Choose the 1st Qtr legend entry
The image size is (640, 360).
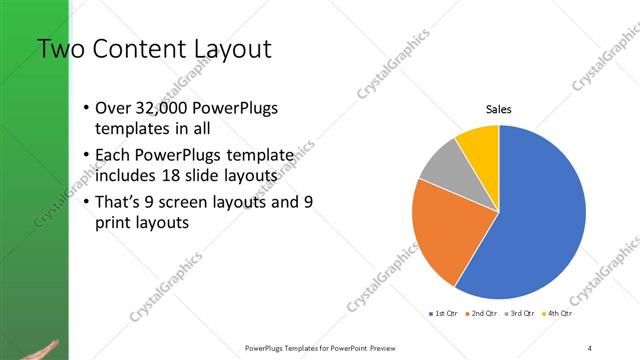[x=444, y=314]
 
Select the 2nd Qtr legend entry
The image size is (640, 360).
[x=484, y=314]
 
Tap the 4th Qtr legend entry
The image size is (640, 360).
[x=559, y=314]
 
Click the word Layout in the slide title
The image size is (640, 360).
[x=227, y=49]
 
